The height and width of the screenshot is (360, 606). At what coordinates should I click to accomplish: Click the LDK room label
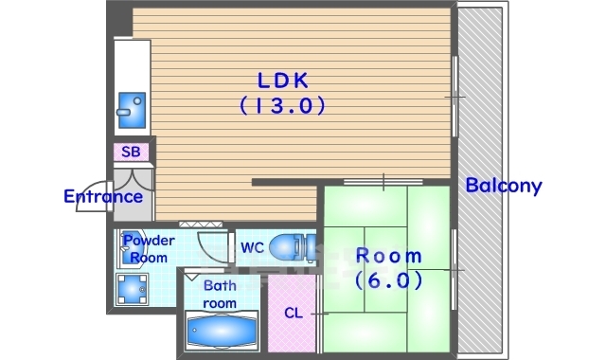tap(283, 81)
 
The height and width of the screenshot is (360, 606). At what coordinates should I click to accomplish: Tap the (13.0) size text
tap(283, 105)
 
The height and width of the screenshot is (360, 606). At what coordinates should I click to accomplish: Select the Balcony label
tap(504, 186)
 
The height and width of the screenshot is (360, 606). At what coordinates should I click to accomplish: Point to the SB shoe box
tap(131, 152)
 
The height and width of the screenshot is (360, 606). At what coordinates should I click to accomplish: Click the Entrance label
tap(103, 196)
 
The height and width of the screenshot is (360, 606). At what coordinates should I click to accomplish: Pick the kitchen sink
tap(132, 110)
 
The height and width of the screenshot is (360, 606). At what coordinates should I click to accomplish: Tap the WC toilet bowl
tap(292, 246)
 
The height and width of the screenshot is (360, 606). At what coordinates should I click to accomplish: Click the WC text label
tap(252, 247)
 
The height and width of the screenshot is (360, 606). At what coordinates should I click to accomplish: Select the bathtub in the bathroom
tap(222, 331)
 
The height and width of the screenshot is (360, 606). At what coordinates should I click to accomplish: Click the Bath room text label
tap(220, 295)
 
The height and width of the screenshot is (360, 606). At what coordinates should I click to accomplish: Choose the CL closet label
tap(294, 313)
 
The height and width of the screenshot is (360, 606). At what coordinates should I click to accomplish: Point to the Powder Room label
tap(149, 248)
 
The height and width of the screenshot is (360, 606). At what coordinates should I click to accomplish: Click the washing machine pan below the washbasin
tap(133, 289)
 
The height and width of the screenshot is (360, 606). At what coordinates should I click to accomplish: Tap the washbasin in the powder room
tap(129, 248)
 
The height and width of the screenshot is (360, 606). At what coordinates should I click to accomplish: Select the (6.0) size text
tap(389, 280)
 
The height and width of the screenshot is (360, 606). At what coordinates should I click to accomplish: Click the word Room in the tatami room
tap(389, 256)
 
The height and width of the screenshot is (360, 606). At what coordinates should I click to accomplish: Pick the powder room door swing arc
tap(210, 247)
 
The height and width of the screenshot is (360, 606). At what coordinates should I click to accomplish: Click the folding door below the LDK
tap(201, 225)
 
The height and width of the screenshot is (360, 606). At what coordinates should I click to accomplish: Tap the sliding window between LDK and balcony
tap(454, 97)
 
